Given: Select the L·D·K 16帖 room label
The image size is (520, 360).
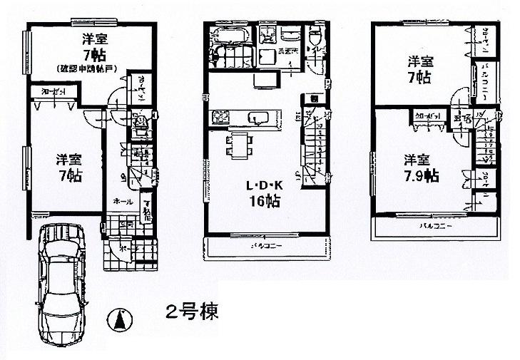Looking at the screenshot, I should (262, 192).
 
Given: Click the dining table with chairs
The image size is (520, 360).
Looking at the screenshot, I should (238, 145).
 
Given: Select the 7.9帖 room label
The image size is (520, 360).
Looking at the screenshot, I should (420, 167).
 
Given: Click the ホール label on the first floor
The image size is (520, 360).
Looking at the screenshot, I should (121, 202).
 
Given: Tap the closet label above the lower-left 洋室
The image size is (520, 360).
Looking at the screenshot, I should (45, 91).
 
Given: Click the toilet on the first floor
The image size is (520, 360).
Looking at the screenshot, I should (141, 127).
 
